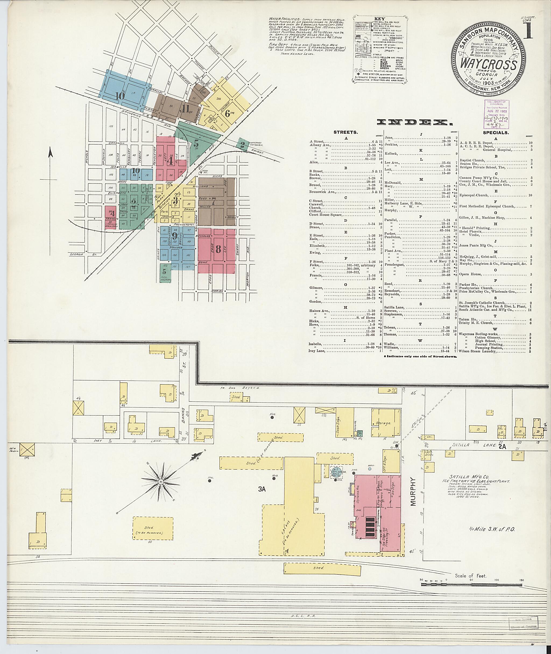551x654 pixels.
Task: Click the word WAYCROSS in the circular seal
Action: point(488,65)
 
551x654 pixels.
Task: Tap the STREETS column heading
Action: point(345,132)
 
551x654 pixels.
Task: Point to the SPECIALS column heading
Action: point(496,132)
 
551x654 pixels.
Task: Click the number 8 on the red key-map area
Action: point(218,249)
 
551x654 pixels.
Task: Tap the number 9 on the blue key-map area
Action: point(174,236)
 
